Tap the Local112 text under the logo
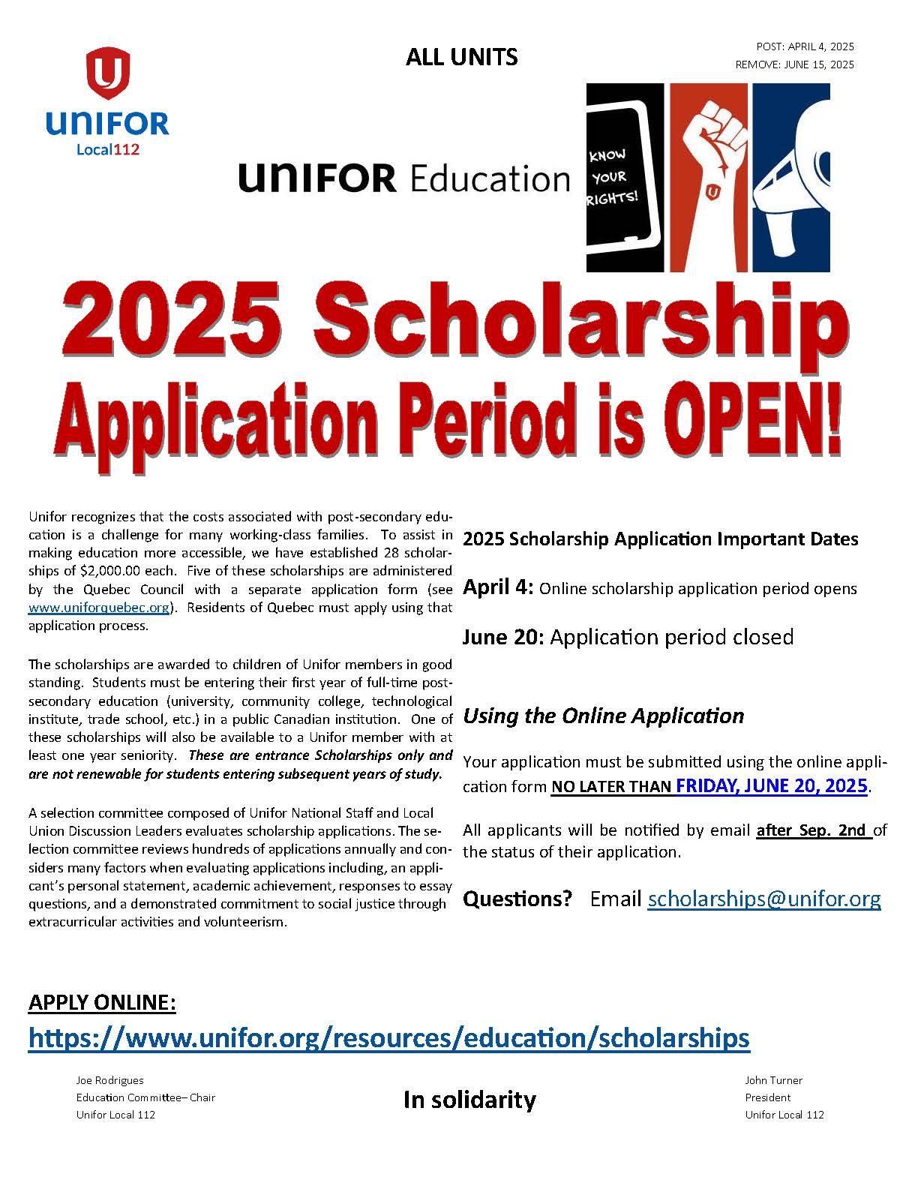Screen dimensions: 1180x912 pyautogui.click(x=108, y=149)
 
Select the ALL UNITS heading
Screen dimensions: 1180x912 pyautogui.click(x=461, y=57)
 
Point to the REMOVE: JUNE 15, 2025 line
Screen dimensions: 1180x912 pyautogui.click(x=794, y=65)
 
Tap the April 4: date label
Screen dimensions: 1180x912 pyautogui.click(x=497, y=587)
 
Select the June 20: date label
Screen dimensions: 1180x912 pyautogui.click(x=502, y=637)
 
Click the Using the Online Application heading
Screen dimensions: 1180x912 pyautogui.click(x=603, y=716)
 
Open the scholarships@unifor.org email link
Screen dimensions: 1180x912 pyautogui.click(x=763, y=898)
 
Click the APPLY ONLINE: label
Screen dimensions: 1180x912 pyautogui.click(x=102, y=1002)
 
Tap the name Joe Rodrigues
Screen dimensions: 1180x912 pyautogui.click(x=109, y=1080)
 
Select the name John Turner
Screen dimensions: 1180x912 pyautogui.click(x=773, y=1080)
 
